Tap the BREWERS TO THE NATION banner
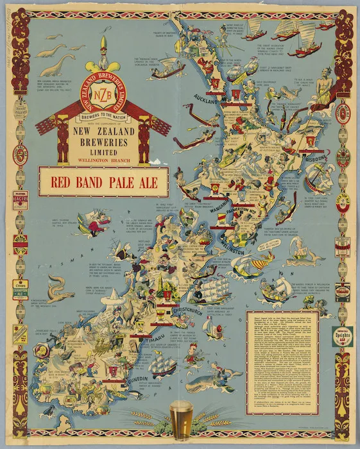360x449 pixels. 104,116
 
